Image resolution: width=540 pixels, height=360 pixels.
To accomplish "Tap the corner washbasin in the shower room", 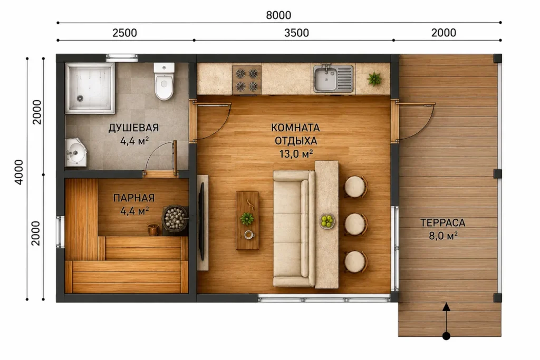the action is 75,152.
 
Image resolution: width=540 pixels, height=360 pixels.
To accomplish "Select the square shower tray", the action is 90,88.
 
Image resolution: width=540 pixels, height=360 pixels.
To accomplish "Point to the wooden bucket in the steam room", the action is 153,229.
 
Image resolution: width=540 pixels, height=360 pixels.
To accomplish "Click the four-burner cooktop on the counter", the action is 247,80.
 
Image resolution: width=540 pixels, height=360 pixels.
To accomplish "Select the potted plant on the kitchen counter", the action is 374,79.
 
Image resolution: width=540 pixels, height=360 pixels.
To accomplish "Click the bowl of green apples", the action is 327,221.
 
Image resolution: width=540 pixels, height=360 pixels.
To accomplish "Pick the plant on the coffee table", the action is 247,219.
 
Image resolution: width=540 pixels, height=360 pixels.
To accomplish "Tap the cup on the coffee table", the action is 249,235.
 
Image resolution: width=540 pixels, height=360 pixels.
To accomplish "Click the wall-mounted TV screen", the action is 201,221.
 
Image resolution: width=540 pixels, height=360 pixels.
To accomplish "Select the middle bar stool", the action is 356,224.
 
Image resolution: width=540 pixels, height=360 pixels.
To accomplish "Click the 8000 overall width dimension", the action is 278,15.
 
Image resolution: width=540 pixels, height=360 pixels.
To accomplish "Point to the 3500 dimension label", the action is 296,33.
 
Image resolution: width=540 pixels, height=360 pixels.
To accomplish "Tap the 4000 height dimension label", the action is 18,172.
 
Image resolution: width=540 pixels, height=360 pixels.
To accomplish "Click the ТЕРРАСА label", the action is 443,222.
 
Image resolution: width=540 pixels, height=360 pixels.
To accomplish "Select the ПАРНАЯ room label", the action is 134,198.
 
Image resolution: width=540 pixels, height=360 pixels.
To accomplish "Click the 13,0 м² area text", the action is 296,154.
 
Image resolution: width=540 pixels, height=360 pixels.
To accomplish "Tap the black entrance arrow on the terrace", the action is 446,321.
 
